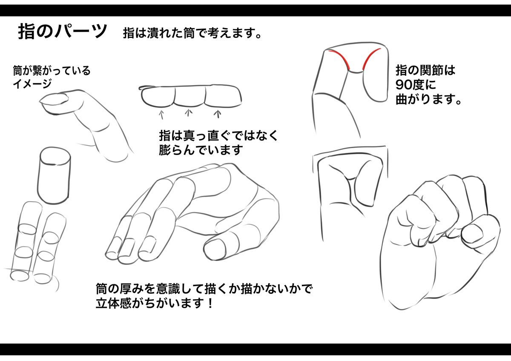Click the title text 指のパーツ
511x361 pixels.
coord(63,31)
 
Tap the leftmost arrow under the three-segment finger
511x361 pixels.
coord(161,115)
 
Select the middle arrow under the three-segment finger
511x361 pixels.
coord(188,113)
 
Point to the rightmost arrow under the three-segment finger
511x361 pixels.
coord(218,114)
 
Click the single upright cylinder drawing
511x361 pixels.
coord(54,175)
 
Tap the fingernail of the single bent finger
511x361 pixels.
coord(55,100)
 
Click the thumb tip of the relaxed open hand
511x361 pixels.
coord(215,250)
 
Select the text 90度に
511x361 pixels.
coord(416,85)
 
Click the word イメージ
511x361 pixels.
coord(32,84)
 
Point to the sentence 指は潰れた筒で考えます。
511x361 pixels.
coord(192,33)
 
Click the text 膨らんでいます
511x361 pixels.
coord(201,150)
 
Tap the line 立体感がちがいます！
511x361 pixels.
coord(155,303)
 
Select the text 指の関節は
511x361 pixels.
coord(425,70)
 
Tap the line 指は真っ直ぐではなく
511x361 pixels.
coord(218,136)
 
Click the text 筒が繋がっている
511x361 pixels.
coord(52,71)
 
